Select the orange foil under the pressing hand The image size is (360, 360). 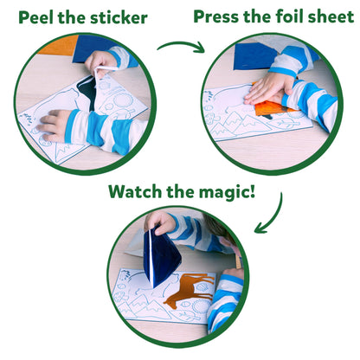[x=272, y=108]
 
